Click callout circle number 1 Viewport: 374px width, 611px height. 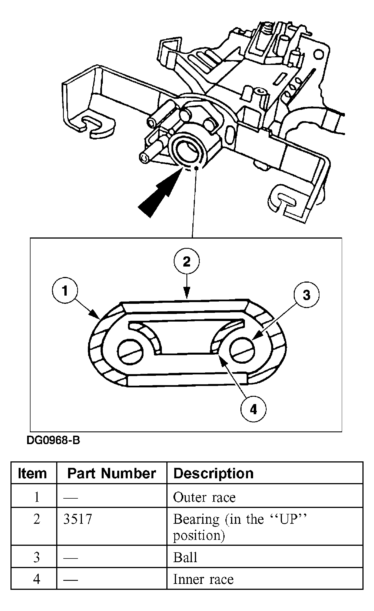point(65,291)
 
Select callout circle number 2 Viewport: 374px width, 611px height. point(186,262)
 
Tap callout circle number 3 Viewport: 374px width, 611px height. point(306,295)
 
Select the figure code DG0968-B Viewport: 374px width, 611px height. point(53,440)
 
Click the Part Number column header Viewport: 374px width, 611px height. point(112,473)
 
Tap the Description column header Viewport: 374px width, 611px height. point(213,473)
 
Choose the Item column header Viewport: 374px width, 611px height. point(32,473)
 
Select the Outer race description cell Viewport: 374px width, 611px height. point(204,497)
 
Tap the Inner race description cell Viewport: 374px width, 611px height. point(203,579)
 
